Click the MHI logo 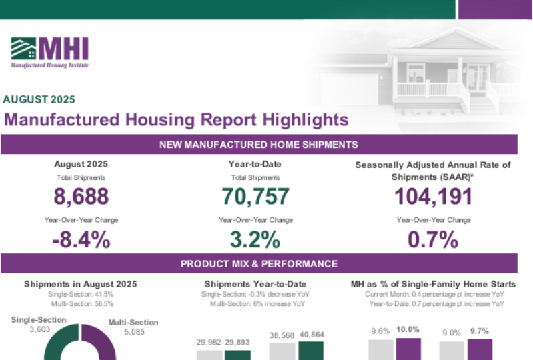49,51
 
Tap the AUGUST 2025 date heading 39,100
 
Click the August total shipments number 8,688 81,197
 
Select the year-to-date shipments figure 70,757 255,197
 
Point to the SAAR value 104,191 433,197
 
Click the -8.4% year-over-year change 81,240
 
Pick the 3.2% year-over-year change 255,240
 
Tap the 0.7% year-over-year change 433,240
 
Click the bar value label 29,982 209,343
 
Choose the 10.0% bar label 408,330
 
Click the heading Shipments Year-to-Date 255,284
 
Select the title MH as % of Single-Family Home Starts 433,284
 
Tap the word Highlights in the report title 296,120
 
